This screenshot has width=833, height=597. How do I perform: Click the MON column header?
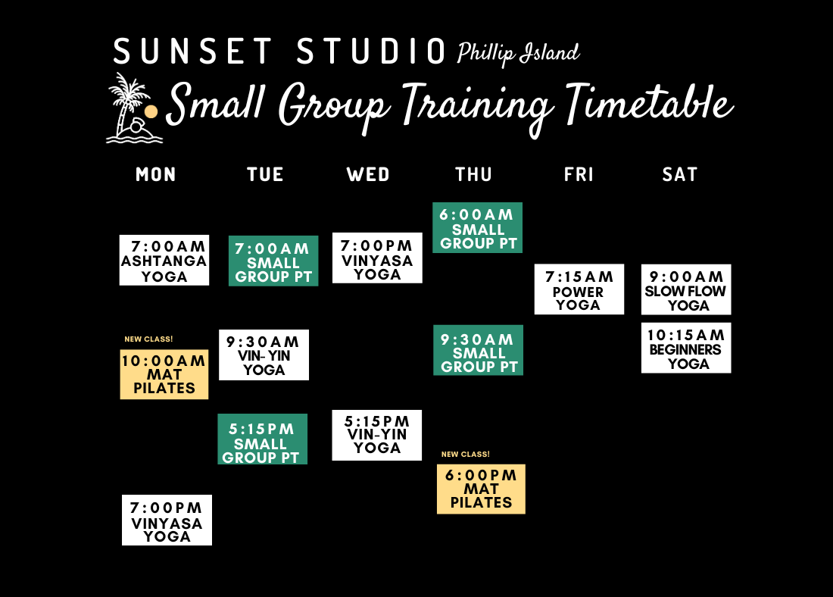click(156, 175)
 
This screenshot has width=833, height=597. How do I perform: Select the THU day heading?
click(474, 175)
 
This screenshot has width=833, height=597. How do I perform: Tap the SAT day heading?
click(680, 175)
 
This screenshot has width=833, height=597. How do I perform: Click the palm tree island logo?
click(133, 109)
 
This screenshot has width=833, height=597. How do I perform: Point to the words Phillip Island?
click(518, 54)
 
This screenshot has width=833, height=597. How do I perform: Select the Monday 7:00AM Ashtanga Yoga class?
click(164, 260)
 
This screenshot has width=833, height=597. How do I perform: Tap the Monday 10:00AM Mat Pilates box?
click(164, 374)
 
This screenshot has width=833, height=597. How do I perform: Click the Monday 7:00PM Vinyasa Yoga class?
click(167, 520)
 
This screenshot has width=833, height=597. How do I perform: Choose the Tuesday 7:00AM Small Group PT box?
click(273, 261)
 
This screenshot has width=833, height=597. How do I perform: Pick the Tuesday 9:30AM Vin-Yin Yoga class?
click(264, 355)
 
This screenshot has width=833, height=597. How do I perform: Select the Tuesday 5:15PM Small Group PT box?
click(262, 439)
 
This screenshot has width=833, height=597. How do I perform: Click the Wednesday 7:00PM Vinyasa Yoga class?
click(377, 258)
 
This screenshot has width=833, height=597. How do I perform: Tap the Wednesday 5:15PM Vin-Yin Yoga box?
click(376, 435)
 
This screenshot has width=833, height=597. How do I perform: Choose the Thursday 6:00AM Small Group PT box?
click(477, 228)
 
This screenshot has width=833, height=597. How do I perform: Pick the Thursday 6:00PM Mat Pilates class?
click(481, 489)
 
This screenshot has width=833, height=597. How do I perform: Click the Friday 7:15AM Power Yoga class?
click(579, 289)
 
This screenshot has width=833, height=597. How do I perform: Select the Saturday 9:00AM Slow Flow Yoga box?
click(686, 289)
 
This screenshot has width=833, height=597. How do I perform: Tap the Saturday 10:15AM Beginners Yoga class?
click(686, 349)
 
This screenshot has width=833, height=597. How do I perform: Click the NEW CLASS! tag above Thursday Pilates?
click(466, 455)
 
